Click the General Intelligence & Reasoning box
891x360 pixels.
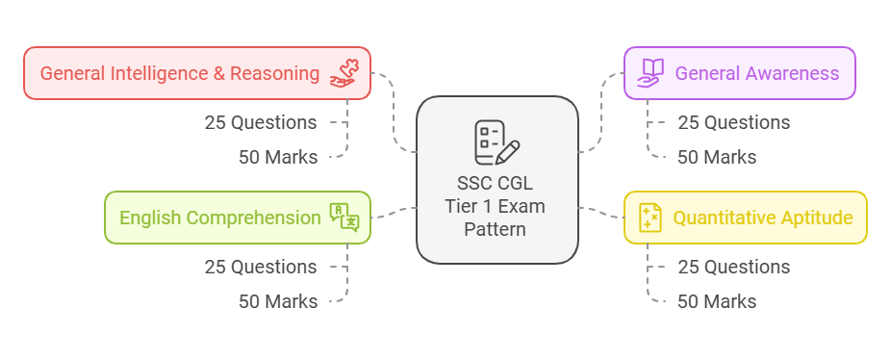(196, 73)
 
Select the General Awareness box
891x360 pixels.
(739, 73)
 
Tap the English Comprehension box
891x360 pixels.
(237, 218)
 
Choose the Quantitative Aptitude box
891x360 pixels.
(745, 218)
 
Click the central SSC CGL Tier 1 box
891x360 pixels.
(496, 180)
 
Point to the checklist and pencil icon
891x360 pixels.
(496, 142)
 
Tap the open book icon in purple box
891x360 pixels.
(651, 73)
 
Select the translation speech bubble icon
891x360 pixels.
(344, 218)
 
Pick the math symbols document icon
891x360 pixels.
(650, 218)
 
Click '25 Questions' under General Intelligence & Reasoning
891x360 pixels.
(260, 122)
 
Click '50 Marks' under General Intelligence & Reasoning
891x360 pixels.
(278, 157)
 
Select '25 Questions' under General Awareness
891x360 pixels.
(733, 122)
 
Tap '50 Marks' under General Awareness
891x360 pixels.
(717, 157)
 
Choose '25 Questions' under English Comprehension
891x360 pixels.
(260, 267)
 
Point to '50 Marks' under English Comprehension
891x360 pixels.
(278, 301)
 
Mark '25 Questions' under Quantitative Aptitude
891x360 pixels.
(733, 267)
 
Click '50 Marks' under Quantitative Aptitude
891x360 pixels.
(717, 301)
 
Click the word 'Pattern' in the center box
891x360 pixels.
(496, 230)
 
